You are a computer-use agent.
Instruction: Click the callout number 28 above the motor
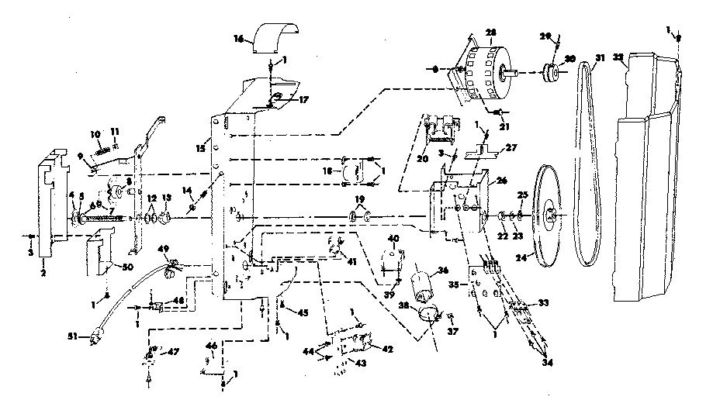coord(490,32)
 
